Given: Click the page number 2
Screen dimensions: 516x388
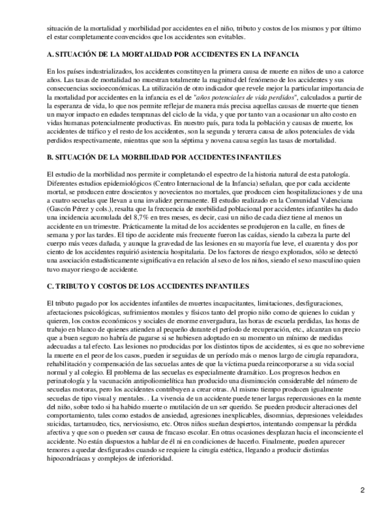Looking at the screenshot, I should (362, 490).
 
